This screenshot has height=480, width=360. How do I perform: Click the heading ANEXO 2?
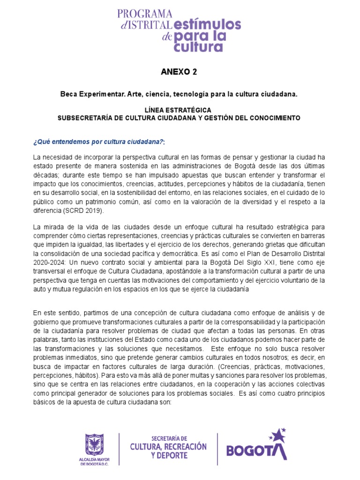click(179, 72)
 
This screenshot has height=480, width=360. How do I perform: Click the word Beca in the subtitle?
click(69, 94)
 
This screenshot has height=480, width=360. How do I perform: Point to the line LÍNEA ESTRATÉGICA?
click(179, 109)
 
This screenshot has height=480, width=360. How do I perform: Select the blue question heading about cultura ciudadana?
click(98, 142)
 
